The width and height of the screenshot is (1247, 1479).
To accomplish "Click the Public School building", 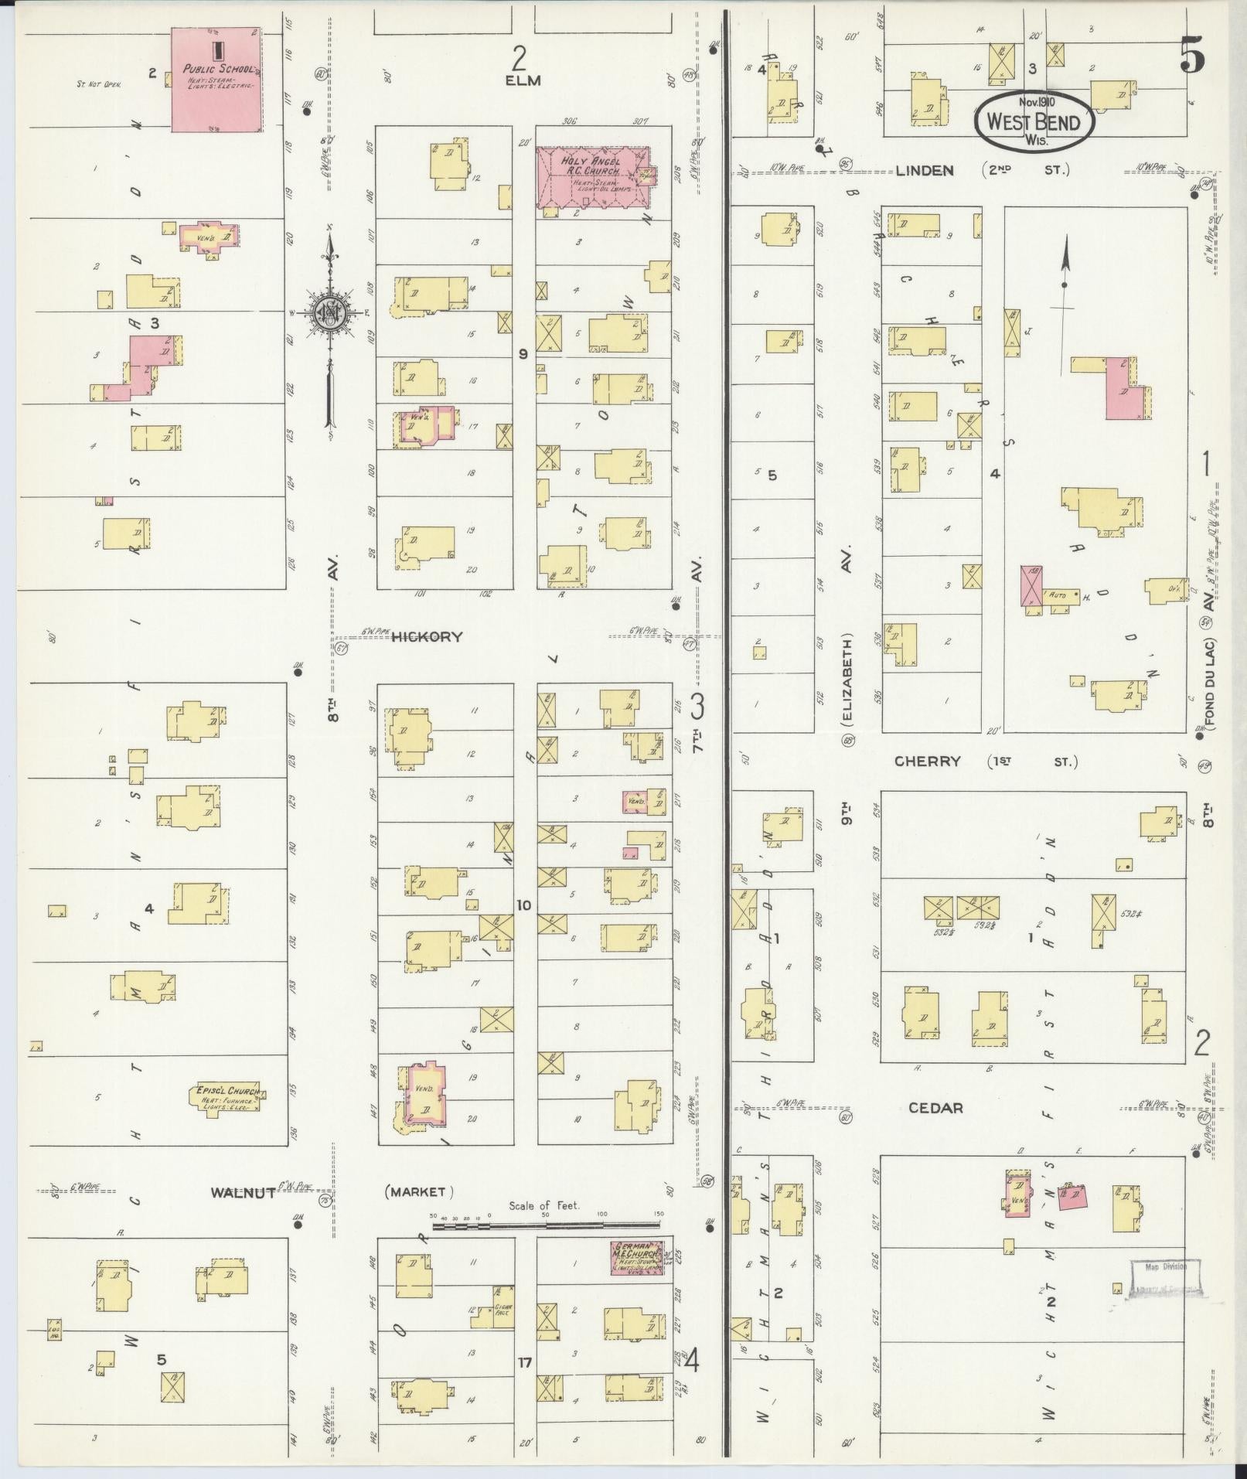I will click(x=216, y=79).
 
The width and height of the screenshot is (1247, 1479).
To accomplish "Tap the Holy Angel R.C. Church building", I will click(x=594, y=177).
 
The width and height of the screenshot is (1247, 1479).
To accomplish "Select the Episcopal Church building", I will click(x=226, y=1097).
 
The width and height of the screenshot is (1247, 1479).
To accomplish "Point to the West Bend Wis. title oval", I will click(x=1034, y=121).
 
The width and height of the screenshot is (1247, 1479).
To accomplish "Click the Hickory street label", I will click(x=427, y=637).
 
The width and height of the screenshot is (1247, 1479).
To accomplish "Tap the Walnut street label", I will click(x=243, y=1215).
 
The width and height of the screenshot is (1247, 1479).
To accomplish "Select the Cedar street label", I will click(x=935, y=1108).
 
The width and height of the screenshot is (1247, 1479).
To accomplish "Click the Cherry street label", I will click(x=927, y=762).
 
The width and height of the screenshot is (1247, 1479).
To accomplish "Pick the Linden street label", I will click(x=925, y=170).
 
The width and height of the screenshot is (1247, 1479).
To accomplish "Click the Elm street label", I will click(x=523, y=80).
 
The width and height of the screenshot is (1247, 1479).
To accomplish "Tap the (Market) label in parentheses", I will click(x=419, y=1214).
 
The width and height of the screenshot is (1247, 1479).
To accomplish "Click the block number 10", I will click(x=524, y=905).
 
